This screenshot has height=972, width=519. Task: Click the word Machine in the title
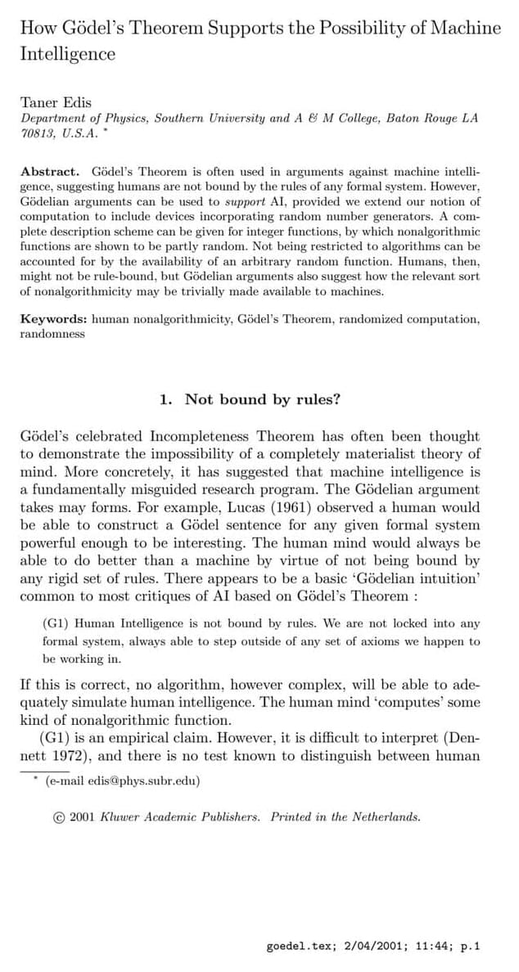[x=467, y=29]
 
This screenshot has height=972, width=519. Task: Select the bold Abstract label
[x=49, y=172]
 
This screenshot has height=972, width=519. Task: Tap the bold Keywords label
[x=53, y=320]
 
